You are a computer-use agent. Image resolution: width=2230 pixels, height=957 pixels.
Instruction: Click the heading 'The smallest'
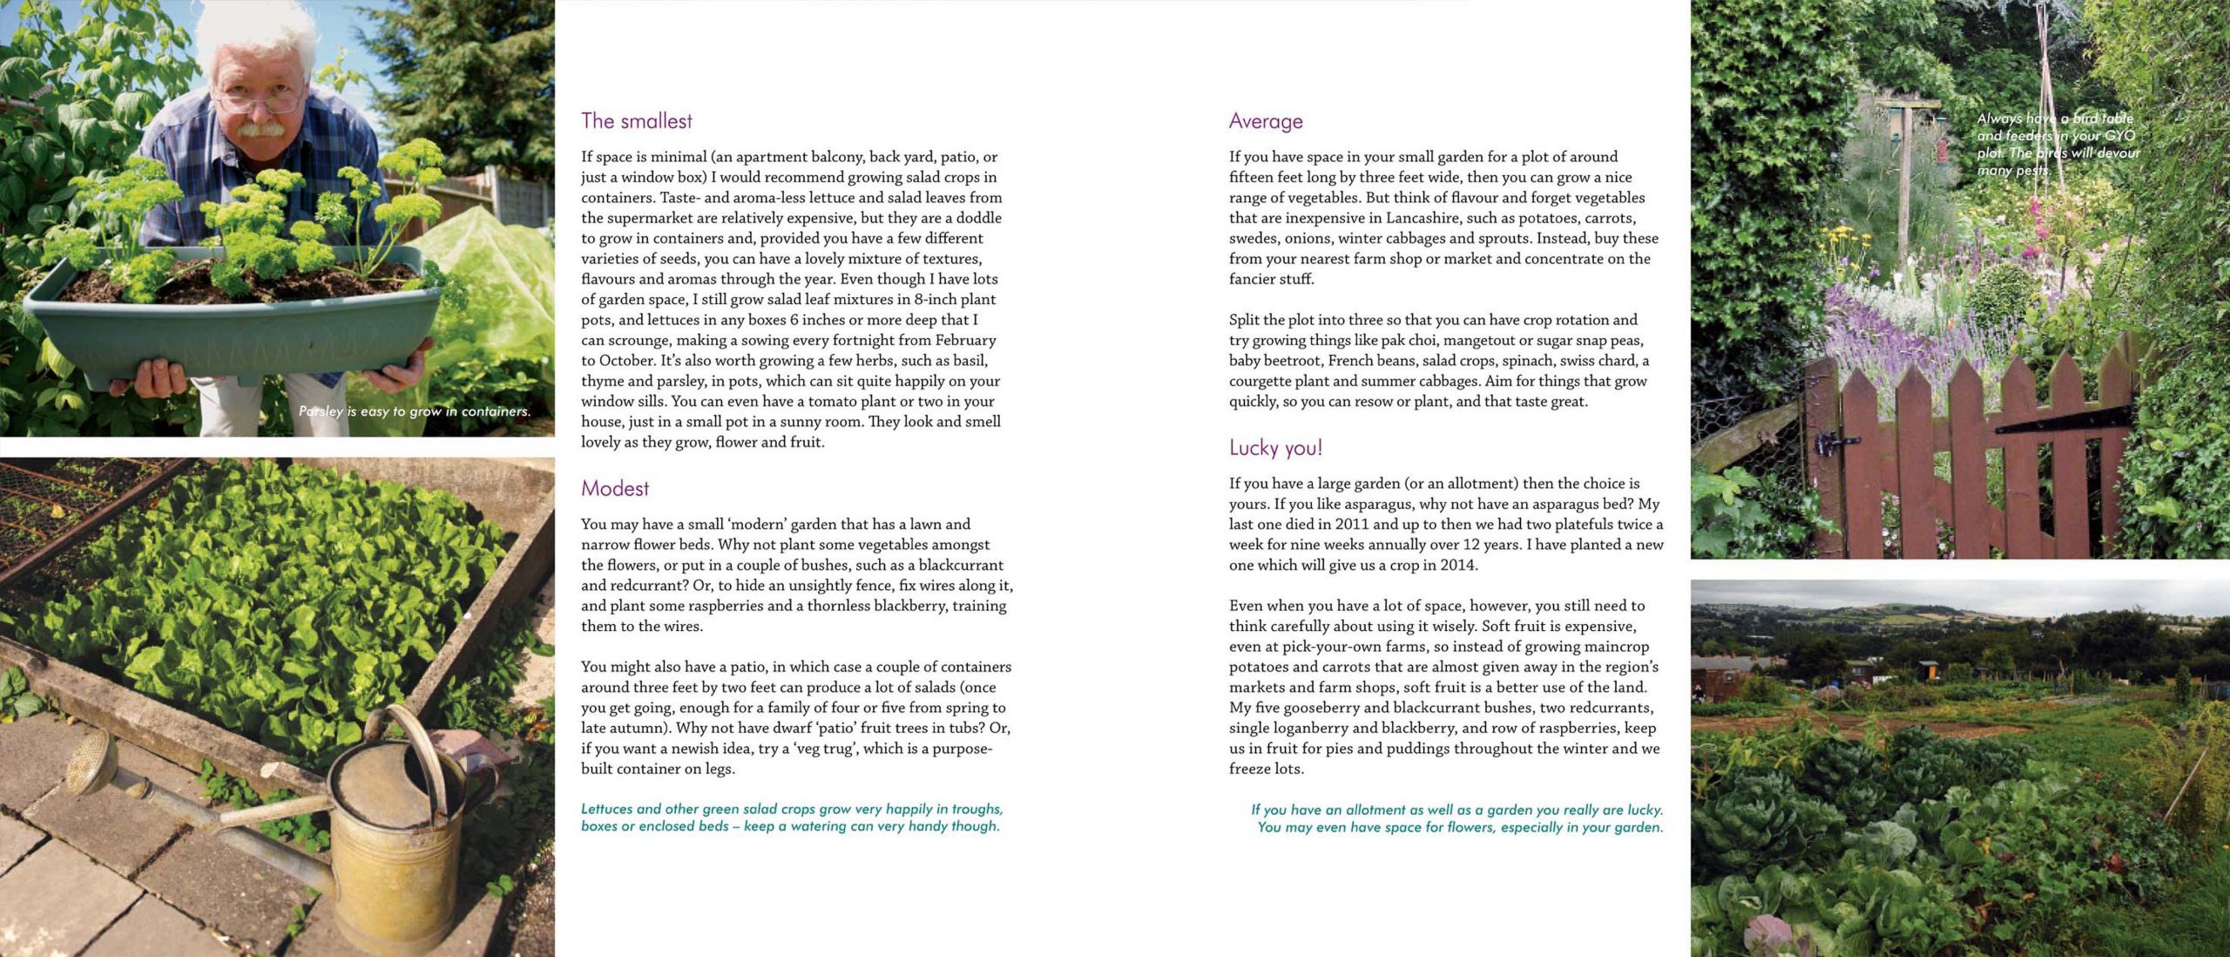(x=637, y=121)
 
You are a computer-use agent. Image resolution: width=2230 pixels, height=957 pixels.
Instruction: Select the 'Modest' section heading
(x=615, y=489)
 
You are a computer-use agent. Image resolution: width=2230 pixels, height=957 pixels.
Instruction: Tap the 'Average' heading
(x=1266, y=122)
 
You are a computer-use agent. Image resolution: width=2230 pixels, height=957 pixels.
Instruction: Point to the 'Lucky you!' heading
(x=1275, y=448)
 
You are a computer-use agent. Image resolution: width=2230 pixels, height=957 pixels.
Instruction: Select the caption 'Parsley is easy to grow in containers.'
(x=415, y=411)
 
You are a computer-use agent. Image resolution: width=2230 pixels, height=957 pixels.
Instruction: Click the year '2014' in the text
(x=1458, y=566)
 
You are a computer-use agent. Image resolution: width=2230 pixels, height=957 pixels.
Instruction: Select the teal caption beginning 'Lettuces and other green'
(x=791, y=818)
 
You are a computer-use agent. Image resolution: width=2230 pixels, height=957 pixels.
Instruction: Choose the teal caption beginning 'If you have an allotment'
(x=1457, y=818)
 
